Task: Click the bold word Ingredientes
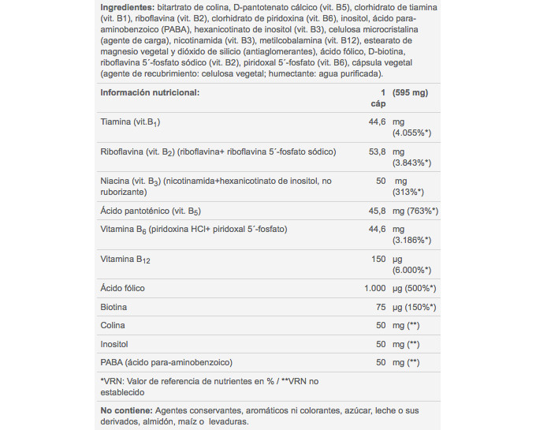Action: click(x=126, y=7)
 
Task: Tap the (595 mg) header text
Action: click(x=410, y=92)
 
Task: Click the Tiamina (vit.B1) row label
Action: click(x=131, y=122)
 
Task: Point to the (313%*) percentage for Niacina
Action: click(x=408, y=192)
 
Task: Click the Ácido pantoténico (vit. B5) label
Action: click(x=151, y=211)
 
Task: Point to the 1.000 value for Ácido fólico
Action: click(x=374, y=288)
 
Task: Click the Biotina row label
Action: click(x=114, y=307)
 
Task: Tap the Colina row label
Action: click(x=113, y=325)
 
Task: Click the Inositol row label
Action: click(x=114, y=344)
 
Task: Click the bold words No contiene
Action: click(x=125, y=410)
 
